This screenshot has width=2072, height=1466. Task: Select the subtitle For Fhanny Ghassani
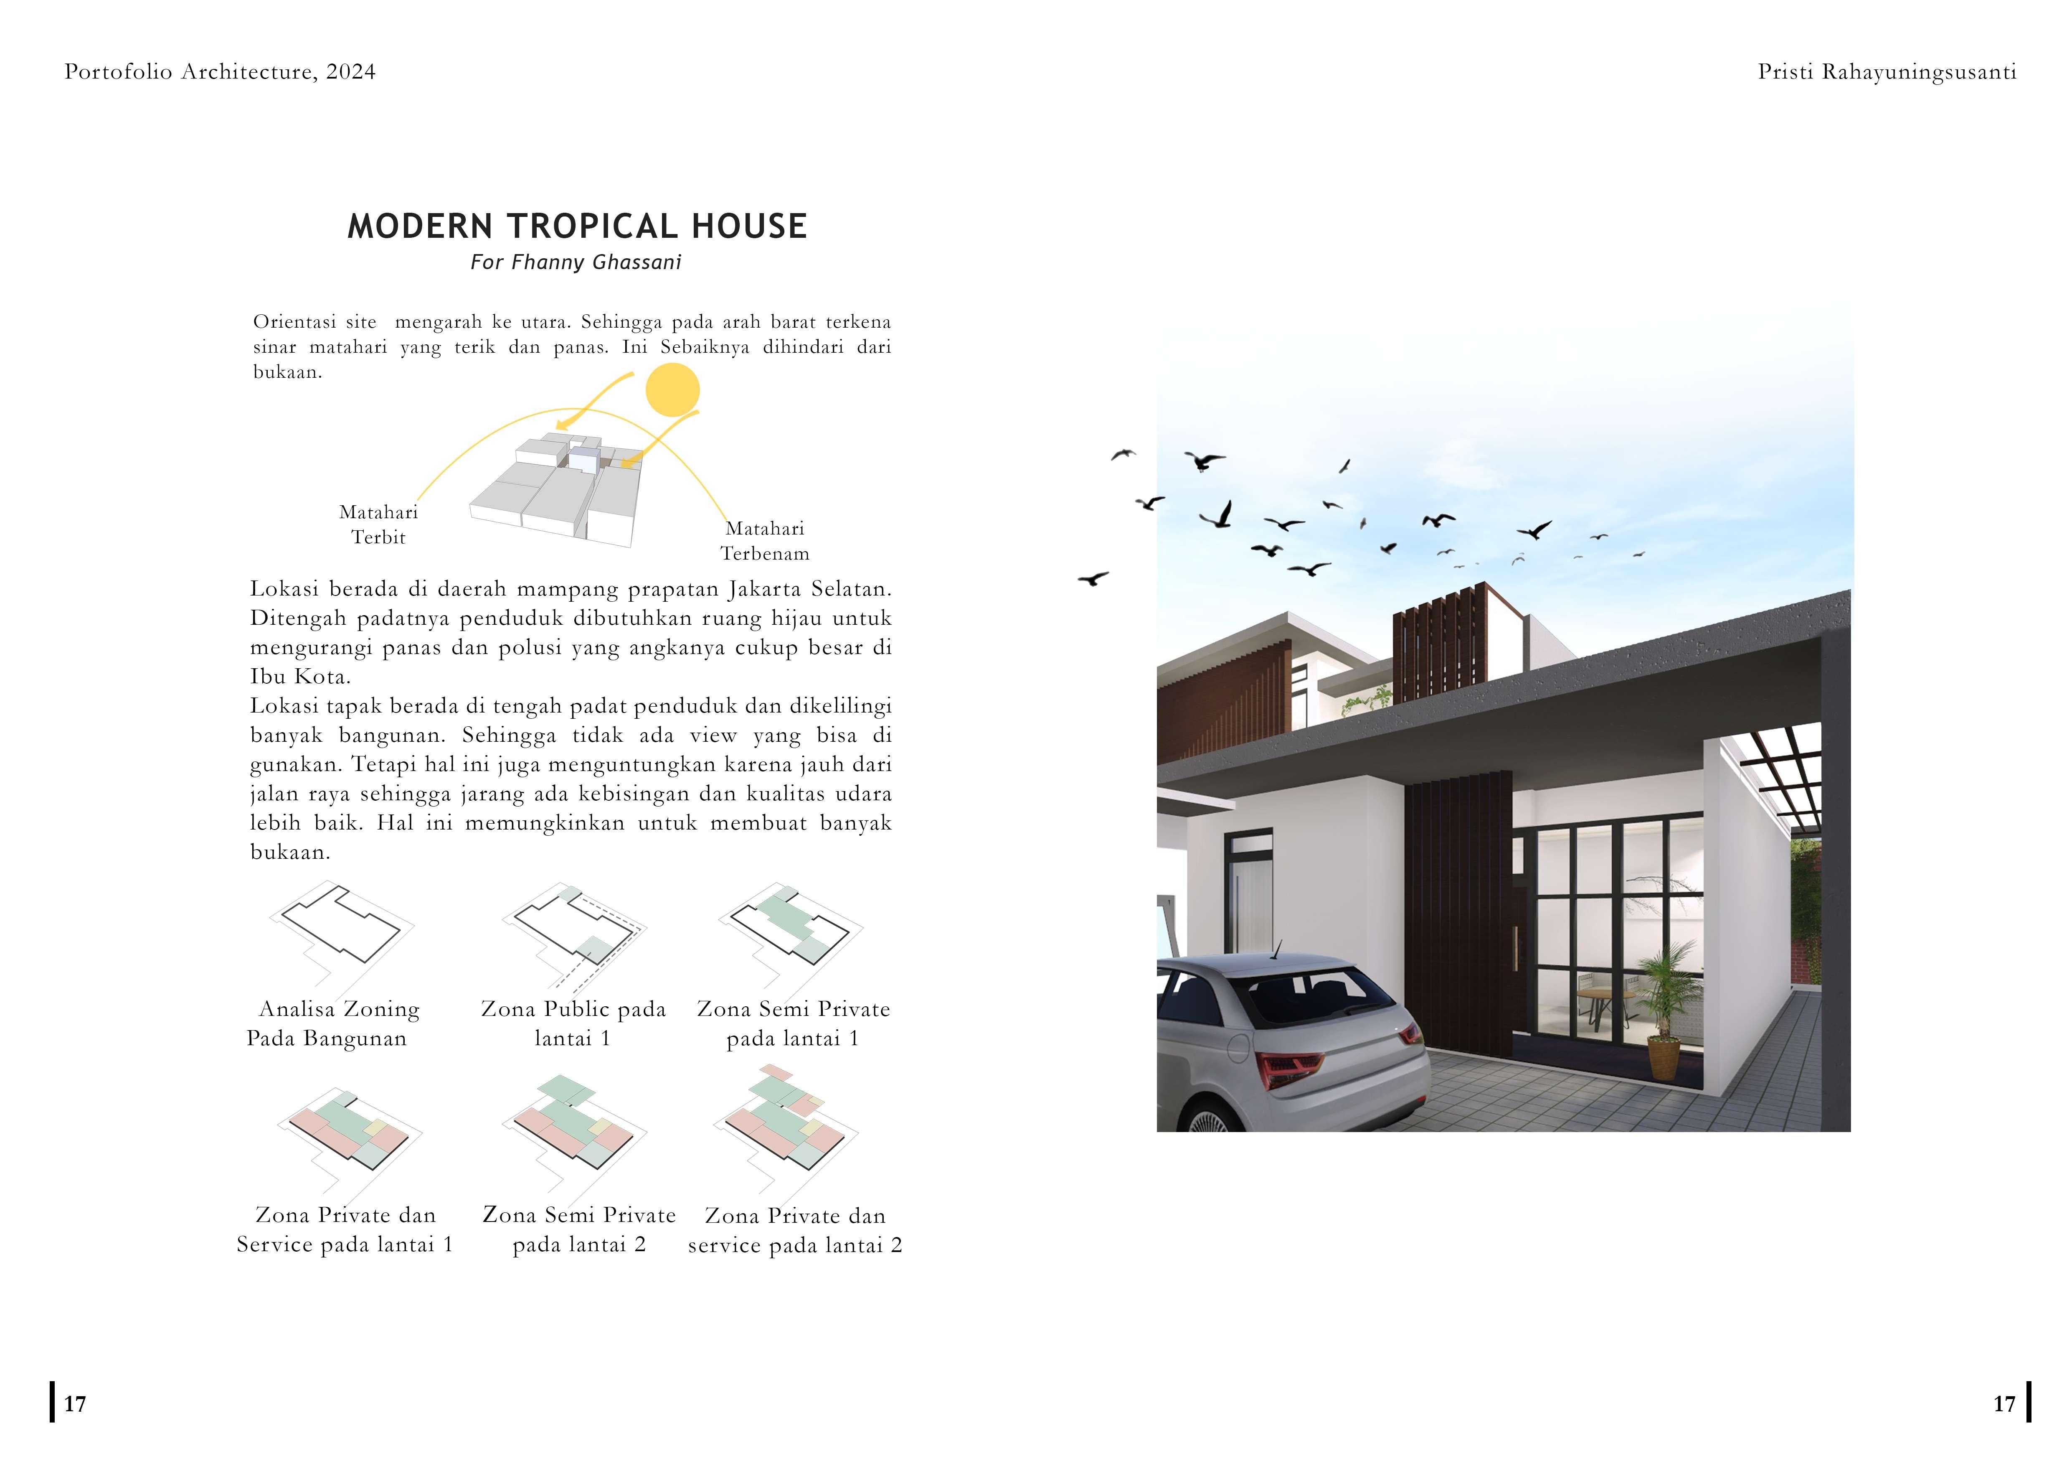pyautogui.click(x=576, y=263)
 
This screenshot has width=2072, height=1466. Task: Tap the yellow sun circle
pyautogui.click(x=672, y=390)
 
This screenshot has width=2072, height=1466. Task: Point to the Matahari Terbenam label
pyautogui.click(x=764, y=541)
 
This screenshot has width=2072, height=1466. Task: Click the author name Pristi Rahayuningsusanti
pyautogui.click(x=1886, y=72)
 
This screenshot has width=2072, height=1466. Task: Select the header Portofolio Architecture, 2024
pyautogui.click(x=220, y=72)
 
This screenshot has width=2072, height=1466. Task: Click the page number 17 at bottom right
pyautogui.click(x=2004, y=1404)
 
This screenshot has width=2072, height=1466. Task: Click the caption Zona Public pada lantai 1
pyautogui.click(x=573, y=1024)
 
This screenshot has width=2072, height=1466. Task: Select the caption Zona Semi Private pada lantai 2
pyautogui.click(x=578, y=1229)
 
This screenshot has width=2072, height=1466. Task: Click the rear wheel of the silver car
pyautogui.click(x=1214, y=1120)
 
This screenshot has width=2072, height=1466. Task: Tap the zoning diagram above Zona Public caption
pyautogui.click(x=575, y=934)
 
